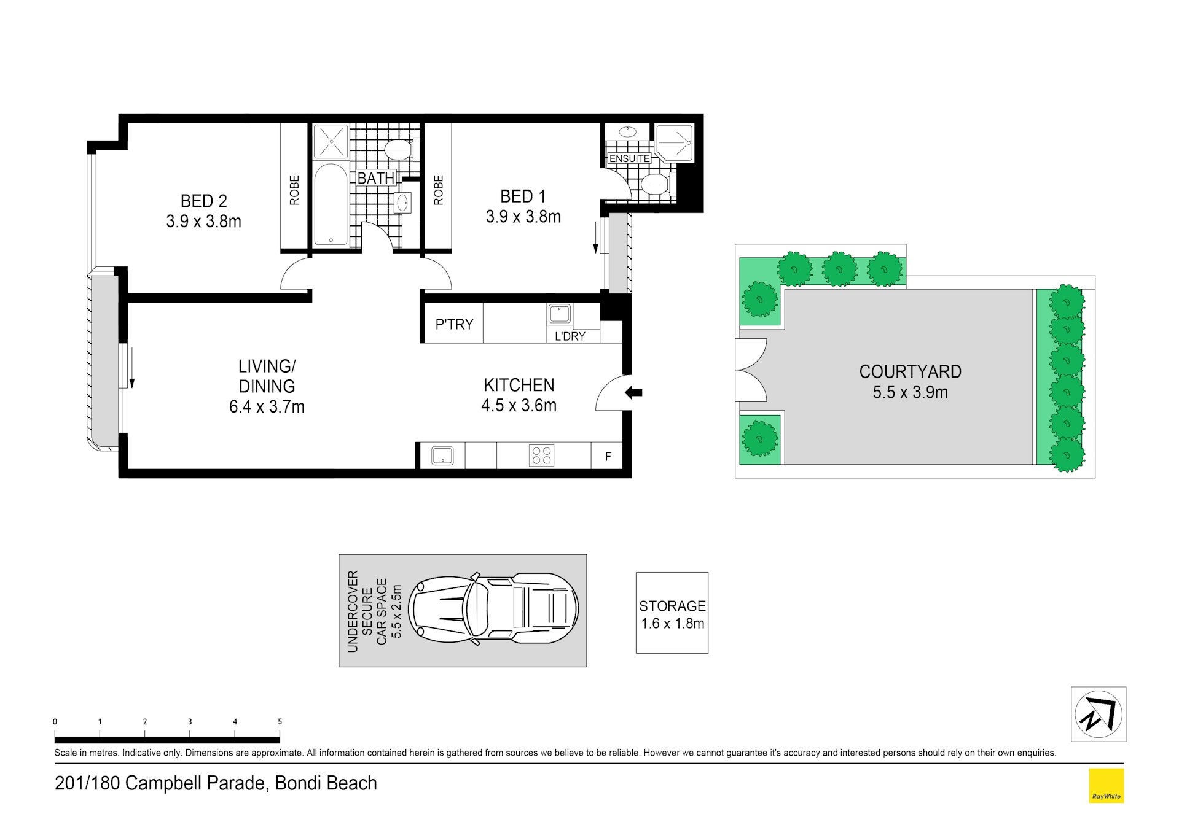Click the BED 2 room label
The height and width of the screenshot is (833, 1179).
pyautogui.click(x=203, y=201)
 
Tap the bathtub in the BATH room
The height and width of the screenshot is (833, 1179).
pyautogui.click(x=331, y=204)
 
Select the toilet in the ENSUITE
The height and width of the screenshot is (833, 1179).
pyautogui.click(x=654, y=184)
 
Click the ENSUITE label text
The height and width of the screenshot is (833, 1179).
pyautogui.click(x=629, y=158)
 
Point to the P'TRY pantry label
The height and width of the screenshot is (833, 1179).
pyautogui.click(x=454, y=324)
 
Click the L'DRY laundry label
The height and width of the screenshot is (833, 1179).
pyautogui.click(x=570, y=336)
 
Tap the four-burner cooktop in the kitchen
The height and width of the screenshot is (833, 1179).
pyautogui.click(x=541, y=455)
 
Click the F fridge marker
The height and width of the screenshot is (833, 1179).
pyautogui.click(x=608, y=457)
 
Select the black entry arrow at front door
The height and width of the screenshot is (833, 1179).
pyautogui.click(x=633, y=392)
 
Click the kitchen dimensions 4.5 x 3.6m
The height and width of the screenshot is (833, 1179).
pyautogui.click(x=519, y=406)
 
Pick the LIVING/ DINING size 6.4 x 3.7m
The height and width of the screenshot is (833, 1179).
pyautogui.click(x=267, y=407)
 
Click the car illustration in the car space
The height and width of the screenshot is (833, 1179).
pyautogui.click(x=494, y=609)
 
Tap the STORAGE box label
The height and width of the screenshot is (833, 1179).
pyautogui.click(x=672, y=606)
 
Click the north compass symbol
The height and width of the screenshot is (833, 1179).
pyautogui.click(x=1098, y=715)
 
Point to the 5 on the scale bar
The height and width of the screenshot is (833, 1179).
pyautogui.click(x=280, y=722)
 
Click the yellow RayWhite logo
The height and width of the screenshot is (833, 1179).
pyautogui.click(x=1106, y=786)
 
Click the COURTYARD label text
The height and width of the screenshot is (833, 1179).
pyautogui.click(x=910, y=372)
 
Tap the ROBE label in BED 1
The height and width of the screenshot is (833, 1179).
pyautogui.click(x=438, y=190)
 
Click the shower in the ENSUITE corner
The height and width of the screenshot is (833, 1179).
pyautogui.click(x=675, y=143)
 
